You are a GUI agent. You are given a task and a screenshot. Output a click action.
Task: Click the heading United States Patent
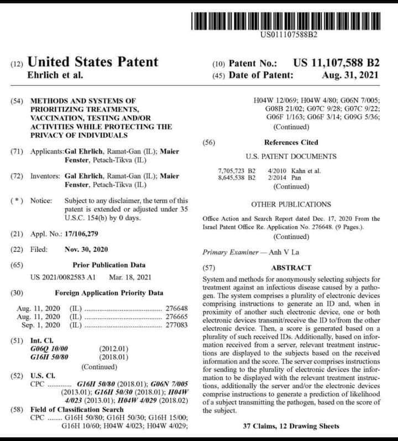point(92,62)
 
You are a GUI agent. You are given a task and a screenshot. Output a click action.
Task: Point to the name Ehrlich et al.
point(54,75)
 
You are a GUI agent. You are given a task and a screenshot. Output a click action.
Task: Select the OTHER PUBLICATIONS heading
point(291,204)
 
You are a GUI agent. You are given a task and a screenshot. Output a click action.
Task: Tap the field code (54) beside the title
point(18,102)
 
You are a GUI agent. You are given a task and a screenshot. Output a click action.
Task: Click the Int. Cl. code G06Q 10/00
point(50,350)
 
